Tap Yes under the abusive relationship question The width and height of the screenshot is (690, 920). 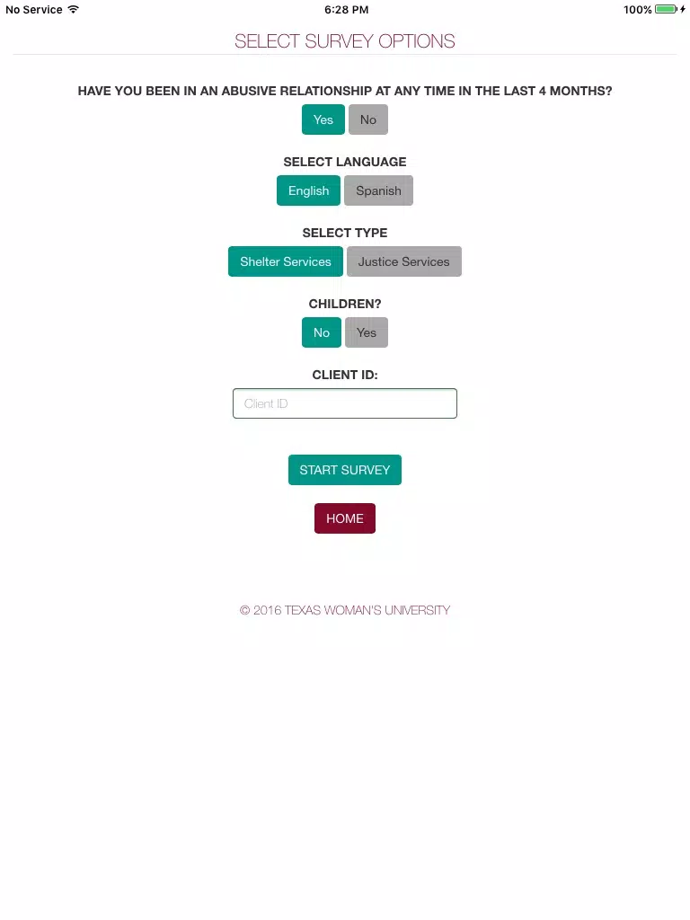click(323, 119)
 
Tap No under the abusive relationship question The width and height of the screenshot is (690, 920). click(367, 119)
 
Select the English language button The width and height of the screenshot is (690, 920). click(309, 190)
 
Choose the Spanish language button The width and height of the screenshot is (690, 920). click(378, 190)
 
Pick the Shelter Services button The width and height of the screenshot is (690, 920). click(286, 261)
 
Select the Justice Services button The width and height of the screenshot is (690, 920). click(404, 261)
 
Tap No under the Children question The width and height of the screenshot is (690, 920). click(322, 332)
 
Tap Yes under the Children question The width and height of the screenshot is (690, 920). click(367, 332)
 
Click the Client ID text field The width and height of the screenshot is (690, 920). click(345, 403)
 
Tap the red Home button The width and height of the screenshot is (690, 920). click(345, 518)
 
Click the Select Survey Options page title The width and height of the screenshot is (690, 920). click(345, 41)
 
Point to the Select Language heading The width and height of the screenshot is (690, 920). click(345, 162)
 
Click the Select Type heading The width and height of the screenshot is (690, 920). click(345, 233)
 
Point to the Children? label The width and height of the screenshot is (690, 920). click(345, 304)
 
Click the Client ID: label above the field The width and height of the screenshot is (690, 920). click(345, 375)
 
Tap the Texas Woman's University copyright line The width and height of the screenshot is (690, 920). click(345, 610)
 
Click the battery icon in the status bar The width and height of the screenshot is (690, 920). click(667, 9)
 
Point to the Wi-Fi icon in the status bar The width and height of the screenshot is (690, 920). click(74, 9)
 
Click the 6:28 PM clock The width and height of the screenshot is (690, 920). click(347, 10)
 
